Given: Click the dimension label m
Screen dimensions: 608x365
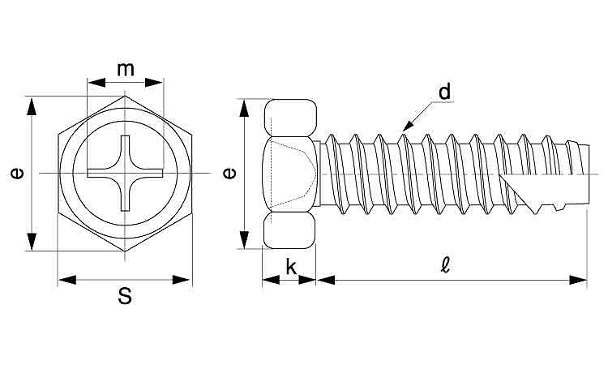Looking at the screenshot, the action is [126, 70].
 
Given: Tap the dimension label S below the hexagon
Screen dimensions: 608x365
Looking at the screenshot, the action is [125, 297].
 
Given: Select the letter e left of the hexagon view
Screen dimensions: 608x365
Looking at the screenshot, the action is [16, 173].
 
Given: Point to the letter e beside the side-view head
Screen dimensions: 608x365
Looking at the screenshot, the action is [229, 173].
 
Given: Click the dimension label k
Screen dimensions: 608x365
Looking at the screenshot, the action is [291, 267].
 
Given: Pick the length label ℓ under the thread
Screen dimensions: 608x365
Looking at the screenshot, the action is [445, 265].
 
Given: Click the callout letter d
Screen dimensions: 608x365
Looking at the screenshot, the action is [445, 92].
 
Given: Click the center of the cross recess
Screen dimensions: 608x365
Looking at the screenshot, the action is [125, 173].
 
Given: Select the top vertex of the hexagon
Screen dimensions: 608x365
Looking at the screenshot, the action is [125, 96].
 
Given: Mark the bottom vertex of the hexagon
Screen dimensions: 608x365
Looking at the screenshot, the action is [125, 251].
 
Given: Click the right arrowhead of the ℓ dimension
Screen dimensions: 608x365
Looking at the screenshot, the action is [578, 280].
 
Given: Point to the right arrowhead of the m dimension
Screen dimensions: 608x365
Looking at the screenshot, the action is [153, 82].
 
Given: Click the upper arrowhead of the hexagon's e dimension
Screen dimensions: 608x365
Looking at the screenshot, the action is [32, 106].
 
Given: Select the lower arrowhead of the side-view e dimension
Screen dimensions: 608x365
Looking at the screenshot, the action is [244, 239].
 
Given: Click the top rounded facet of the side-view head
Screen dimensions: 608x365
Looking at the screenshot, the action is [290, 118].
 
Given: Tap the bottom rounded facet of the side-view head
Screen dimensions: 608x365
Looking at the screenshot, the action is [290, 230].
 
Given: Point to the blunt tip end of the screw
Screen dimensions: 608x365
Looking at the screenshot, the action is [589, 173].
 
